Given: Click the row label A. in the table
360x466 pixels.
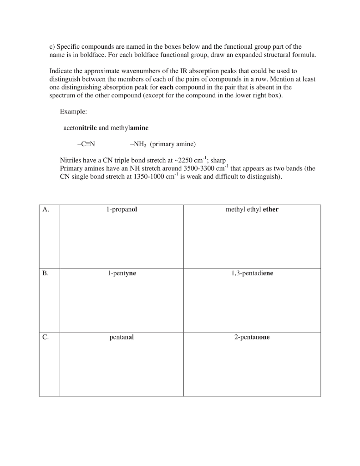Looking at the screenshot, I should coord(46,210).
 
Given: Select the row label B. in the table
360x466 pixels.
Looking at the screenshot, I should coord(46,274).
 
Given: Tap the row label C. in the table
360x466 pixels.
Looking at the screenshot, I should coord(46,338).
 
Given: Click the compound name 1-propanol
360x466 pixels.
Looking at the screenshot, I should coord(122,210).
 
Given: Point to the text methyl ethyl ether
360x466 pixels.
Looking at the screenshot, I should coord(252,210).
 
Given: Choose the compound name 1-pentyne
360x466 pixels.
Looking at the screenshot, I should coord(122,274).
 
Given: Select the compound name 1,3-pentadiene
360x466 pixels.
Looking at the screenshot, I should coord(252,274).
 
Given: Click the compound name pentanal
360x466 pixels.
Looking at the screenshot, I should coord(122,338).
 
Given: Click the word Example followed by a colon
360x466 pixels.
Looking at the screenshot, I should coord(73,111).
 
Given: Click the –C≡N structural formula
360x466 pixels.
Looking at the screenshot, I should coord(86,144).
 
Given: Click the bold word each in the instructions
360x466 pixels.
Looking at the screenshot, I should coord(167,87).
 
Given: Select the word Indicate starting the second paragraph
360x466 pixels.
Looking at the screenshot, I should coord(61,71).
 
